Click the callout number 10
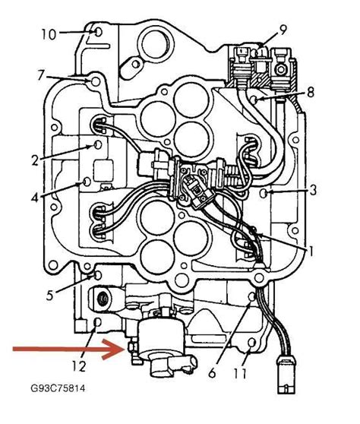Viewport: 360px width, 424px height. (48, 34)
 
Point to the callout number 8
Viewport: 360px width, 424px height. (311, 92)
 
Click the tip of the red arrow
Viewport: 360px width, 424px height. (122, 350)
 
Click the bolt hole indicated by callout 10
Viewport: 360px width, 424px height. (97, 32)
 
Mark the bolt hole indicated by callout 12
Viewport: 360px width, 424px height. (96, 324)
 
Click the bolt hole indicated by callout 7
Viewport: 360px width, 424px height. (93, 79)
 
